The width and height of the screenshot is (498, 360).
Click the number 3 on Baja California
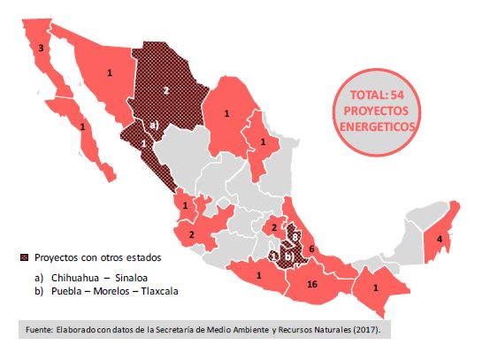[x=41, y=50]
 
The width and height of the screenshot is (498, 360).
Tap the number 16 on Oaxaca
[x=311, y=285]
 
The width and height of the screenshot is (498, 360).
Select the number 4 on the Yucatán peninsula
[x=439, y=237]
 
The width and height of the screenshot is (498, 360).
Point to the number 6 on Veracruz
[x=311, y=249]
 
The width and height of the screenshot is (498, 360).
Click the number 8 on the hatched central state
[x=294, y=237]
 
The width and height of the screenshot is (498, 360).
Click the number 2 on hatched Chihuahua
[x=166, y=90]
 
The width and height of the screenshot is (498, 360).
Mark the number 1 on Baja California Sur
[x=82, y=126]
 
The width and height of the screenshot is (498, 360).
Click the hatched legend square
[x=24, y=258]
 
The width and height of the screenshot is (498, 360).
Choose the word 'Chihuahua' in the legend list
[x=73, y=276]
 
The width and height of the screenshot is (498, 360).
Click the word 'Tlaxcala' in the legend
[x=168, y=289]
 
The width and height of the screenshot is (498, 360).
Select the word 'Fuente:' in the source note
[x=34, y=328]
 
